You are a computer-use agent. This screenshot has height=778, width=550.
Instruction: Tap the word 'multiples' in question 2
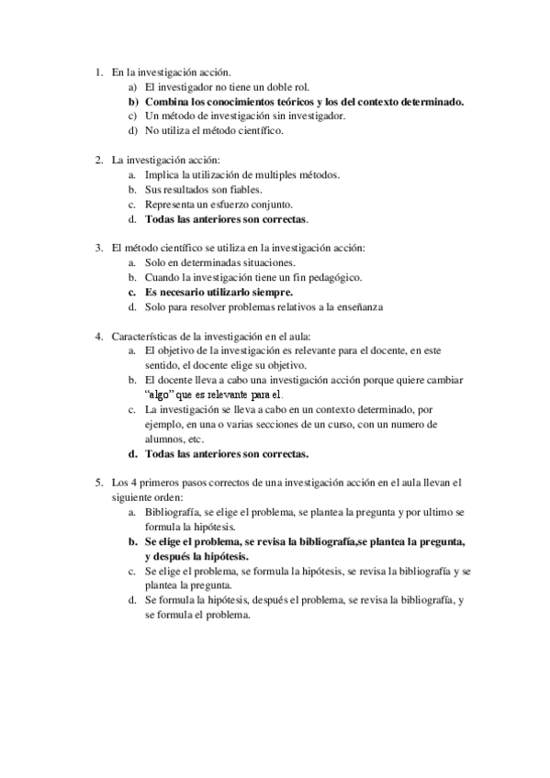(278, 175)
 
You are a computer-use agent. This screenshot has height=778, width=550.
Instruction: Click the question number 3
(99, 248)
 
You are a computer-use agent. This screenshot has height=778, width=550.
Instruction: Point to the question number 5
(99, 482)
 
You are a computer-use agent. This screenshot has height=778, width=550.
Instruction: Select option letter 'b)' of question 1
(133, 102)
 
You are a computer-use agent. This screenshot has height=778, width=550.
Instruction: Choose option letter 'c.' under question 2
(133, 205)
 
